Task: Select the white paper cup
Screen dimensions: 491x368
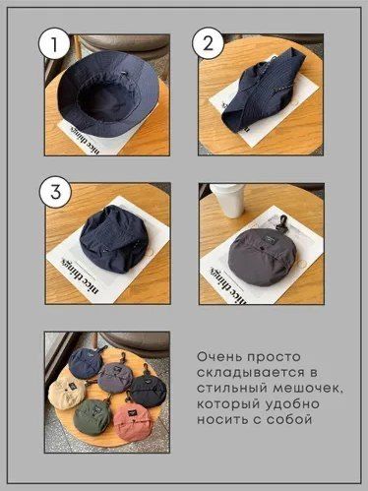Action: (x=228, y=202)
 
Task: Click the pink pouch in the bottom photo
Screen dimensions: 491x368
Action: (x=134, y=422)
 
